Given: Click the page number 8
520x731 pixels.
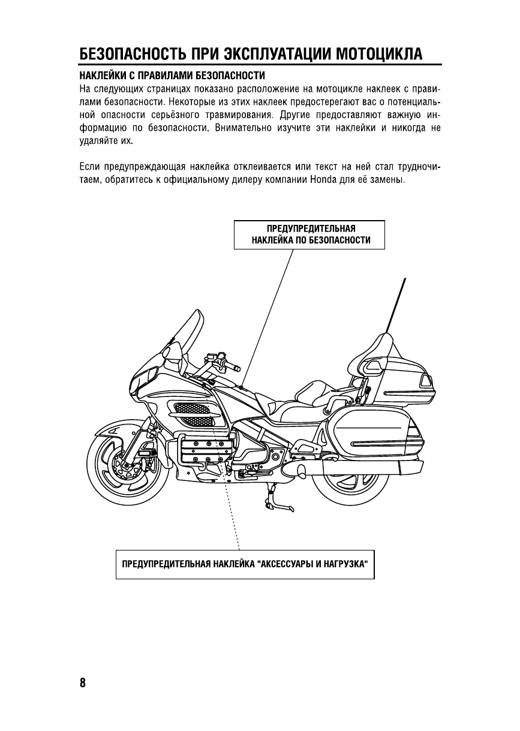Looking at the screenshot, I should [82, 683].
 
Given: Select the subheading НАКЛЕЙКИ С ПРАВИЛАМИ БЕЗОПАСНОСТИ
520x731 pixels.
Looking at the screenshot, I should [173, 76].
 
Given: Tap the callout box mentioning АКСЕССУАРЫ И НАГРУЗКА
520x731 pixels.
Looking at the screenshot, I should [245, 564].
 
